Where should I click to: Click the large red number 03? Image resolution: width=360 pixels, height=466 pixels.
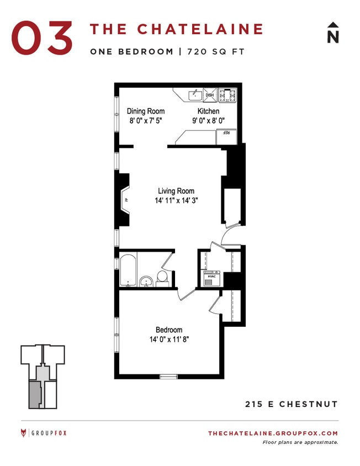(42, 38)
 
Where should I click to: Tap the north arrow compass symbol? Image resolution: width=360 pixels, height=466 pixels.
(332, 33)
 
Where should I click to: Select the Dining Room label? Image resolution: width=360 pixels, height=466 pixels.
(146, 111)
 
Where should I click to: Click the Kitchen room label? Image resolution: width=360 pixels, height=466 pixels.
(208, 111)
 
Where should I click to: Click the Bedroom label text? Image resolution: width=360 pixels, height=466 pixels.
(168, 330)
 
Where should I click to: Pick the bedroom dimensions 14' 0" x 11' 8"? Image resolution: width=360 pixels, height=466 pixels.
(169, 340)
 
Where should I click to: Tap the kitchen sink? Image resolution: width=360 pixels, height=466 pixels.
(195, 96)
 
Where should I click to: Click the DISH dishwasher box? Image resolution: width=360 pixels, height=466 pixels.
(210, 96)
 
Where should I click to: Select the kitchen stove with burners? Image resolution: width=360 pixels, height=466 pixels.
(227, 96)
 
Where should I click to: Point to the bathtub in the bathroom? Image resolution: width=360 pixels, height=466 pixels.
(129, 271)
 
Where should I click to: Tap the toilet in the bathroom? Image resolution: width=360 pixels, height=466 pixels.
(162, 278)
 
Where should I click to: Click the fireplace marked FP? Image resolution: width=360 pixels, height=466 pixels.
(125, 200)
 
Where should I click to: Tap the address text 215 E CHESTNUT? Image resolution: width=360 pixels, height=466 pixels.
(292, 404)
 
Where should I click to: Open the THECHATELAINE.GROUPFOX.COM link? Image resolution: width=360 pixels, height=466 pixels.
(273, 433)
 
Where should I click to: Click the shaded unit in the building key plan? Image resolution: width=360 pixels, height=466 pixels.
(35, 394)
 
